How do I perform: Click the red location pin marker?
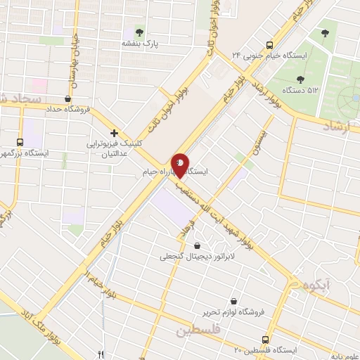point(181,166)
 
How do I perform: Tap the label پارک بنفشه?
point(141,43)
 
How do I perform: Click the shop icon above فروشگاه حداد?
point(67,99)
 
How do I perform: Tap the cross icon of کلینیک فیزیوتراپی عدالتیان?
point(113,132)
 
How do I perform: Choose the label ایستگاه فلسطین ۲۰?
point(266,349)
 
